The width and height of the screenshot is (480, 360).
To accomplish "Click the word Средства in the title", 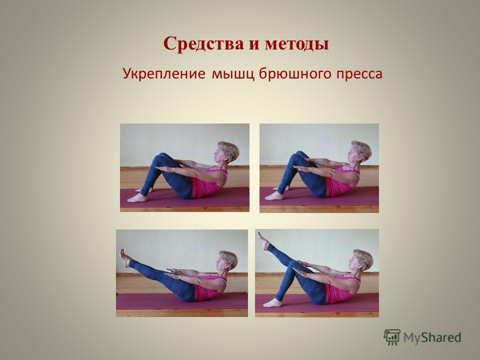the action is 203,43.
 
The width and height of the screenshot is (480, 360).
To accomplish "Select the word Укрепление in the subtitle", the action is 164,74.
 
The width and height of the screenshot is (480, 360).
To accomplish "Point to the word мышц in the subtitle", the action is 233,74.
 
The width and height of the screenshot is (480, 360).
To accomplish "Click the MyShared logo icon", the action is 392,337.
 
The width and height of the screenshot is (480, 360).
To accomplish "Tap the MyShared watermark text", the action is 432,337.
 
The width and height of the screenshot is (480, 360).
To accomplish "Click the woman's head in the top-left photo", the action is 228,152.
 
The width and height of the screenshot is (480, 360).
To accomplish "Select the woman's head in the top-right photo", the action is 360,151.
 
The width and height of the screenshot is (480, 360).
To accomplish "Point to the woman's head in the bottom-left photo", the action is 227,260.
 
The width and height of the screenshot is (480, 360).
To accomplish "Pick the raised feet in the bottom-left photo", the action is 125,258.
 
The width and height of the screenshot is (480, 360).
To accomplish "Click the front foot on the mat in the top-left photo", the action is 137,198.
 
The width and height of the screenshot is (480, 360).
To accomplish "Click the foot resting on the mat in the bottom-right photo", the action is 272,303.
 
